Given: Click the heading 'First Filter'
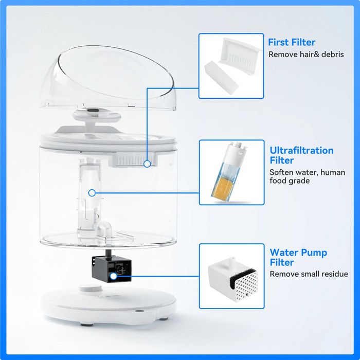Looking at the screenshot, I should pyautogui.click(x=292, y=42).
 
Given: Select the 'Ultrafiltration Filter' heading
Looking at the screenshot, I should pyautogui.click(x=301, y=155).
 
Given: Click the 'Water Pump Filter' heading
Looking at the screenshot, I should pyautogui.click(x=298, y=257).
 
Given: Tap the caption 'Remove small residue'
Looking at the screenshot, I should pyautogui.click(x=309, y=274).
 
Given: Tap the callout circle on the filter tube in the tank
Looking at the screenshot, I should pyautogui.click(x=92, y=193).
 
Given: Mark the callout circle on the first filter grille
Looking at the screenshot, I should pyautogui.click(x=148, y=164).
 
